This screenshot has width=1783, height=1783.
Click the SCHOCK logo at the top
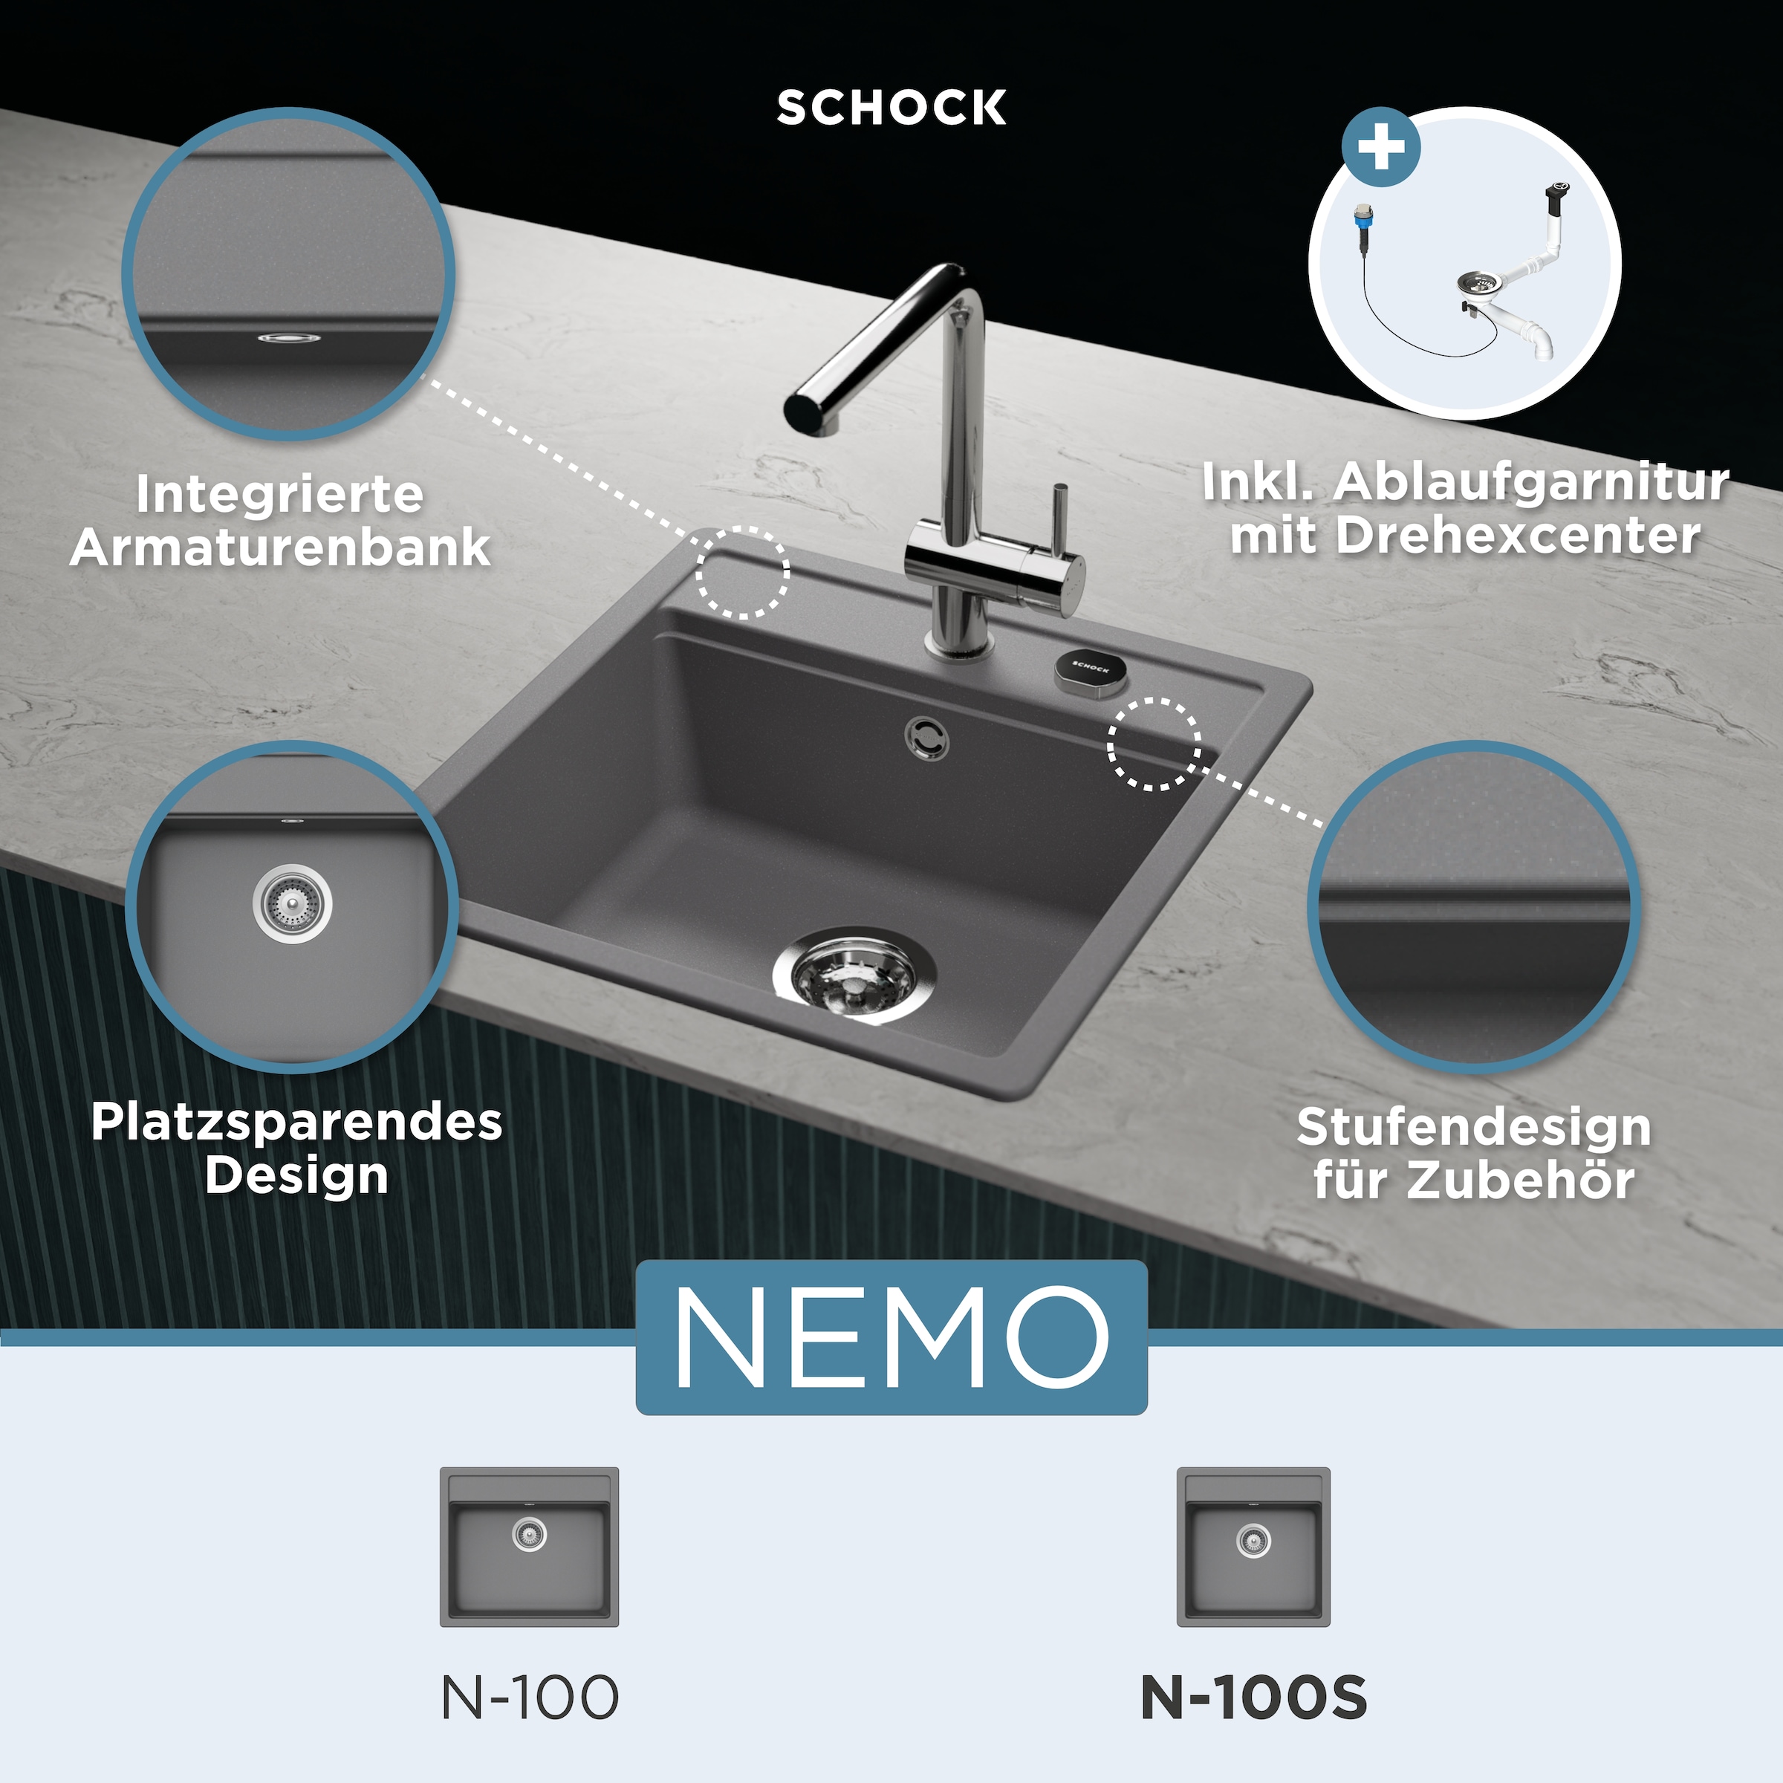(x=891, y=108)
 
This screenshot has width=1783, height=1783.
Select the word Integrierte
(x=279, y=494)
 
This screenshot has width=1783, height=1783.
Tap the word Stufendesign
(x=1474, y=1127)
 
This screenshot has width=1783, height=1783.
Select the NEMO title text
(x=891, y=1337)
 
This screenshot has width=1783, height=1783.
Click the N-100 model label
(x=530, y=1696)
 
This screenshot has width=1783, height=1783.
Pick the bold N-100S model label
(x=1253, y=1696)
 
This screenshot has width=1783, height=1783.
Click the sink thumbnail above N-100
(x=530, y=1547)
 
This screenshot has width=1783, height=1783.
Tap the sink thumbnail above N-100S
(x=1253, y=1547)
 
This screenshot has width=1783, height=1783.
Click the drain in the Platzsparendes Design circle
(x=292, y=903)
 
